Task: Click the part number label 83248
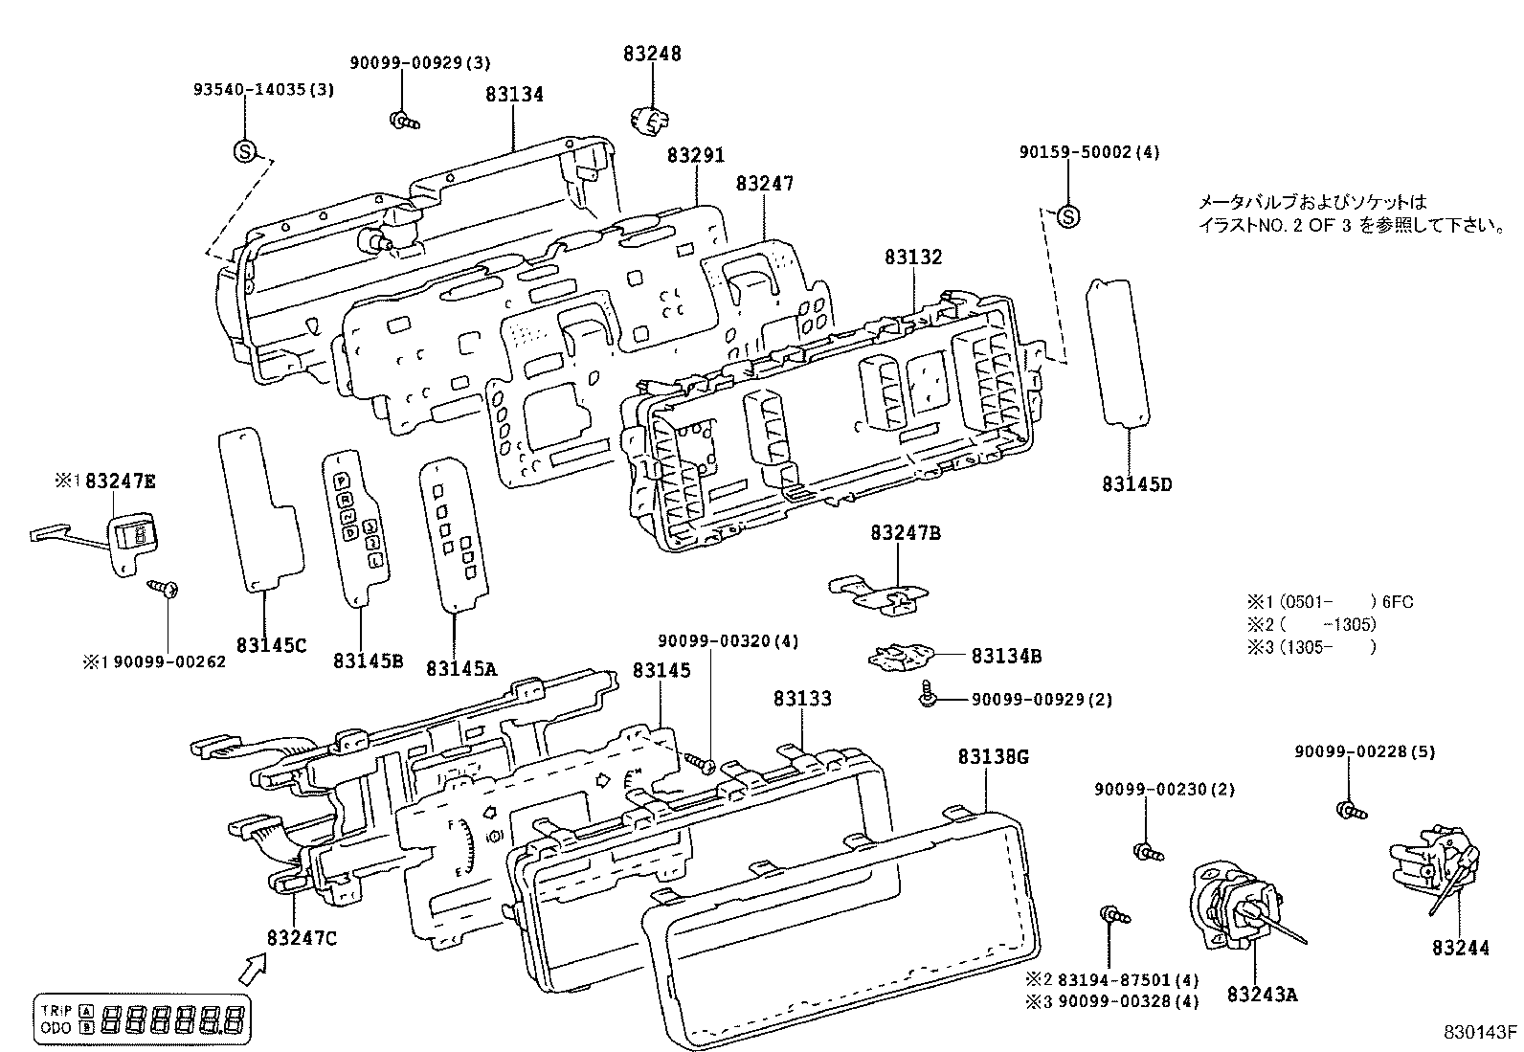[x=652, y=54]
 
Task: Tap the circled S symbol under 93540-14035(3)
[x=245, y=150]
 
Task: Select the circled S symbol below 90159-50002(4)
[x=1068, y=216]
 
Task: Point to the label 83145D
[x=1136, y=484]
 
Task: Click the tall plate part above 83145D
[x=1118, y=351]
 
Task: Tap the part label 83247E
[x=120, y=481]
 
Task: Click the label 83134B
[x=1006, y=657]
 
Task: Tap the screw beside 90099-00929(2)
[x=928, y=698]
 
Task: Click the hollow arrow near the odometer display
[x=253, y=969]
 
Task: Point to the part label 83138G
[x=993, y=757]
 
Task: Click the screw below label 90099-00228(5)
[x=1350, y=812]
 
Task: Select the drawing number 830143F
[x=1481, y=1033]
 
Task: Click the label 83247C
[x=303, y=938]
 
